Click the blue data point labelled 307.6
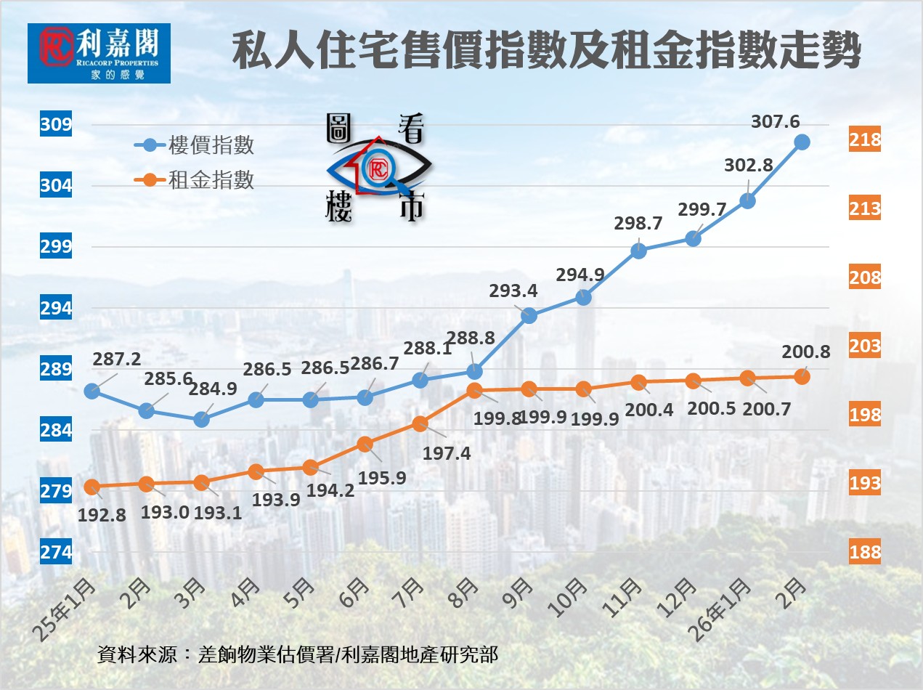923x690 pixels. [802, 142]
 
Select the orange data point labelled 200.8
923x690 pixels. [802, 376]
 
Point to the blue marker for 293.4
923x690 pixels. [529, 315]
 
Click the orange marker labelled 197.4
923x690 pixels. [420, 423]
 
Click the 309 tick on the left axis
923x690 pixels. [56, 125]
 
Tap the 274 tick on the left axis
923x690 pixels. [56, 553]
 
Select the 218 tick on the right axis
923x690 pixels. [865, 140]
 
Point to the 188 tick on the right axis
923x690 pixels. [865, 553]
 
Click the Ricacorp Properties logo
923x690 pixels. [99, 53]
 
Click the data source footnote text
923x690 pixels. [298, 654]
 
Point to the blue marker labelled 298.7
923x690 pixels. [638, 251]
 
